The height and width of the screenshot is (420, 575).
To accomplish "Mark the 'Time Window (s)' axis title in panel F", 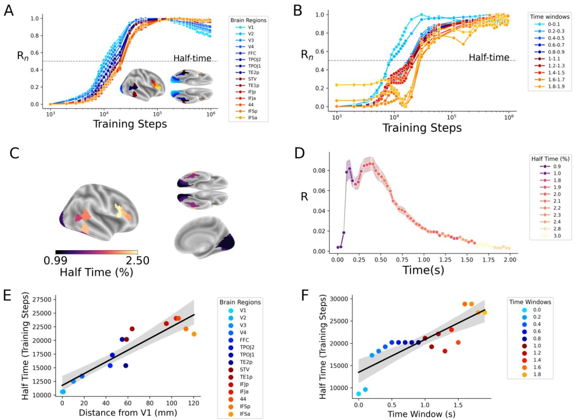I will pos(421,413).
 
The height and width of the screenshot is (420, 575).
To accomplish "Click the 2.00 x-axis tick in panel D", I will pos(510,259).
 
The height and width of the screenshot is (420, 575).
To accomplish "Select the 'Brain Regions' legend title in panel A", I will pos(246,20).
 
